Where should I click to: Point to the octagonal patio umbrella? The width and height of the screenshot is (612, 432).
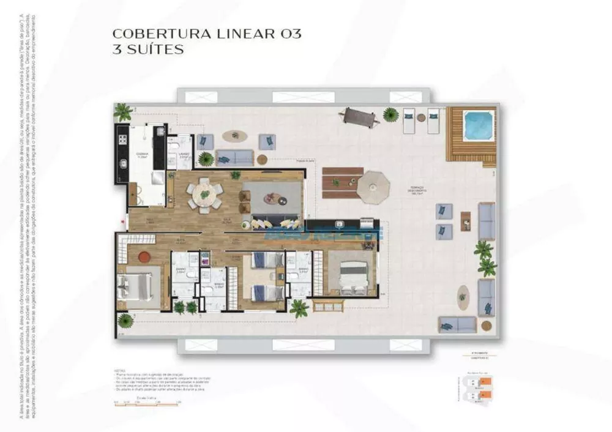pyautogui.click(x=373, y=187)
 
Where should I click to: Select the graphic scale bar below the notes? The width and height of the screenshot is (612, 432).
pyautogui.click(x=146, y=402)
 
